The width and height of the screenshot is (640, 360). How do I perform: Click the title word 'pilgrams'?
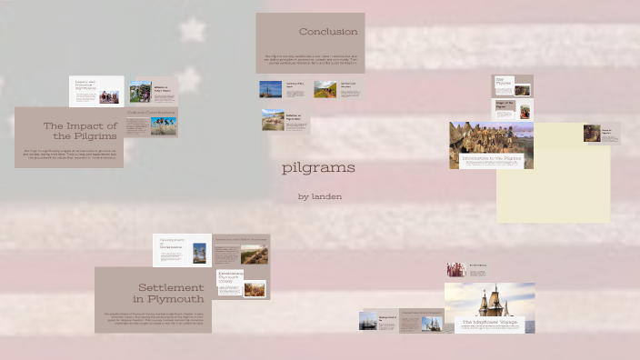(318, 168)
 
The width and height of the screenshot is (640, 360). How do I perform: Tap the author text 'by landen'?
(319, 196)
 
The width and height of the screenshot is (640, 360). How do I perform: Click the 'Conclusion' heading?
(327, 32)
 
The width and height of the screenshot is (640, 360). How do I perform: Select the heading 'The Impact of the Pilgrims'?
(80, 130)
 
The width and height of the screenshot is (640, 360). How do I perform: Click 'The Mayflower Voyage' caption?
(489, 322)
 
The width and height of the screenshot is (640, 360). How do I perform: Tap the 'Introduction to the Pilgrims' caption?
(491, 158)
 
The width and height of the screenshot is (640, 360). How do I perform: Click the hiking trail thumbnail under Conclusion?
(325, 89)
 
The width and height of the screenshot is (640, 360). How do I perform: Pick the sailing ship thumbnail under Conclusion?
(270, 89)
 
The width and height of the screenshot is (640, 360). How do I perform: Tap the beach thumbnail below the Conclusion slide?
(272, 120)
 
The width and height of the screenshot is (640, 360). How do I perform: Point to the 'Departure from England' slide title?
(421, 312)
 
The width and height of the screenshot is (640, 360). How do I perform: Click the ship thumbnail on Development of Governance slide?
(199, 253)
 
